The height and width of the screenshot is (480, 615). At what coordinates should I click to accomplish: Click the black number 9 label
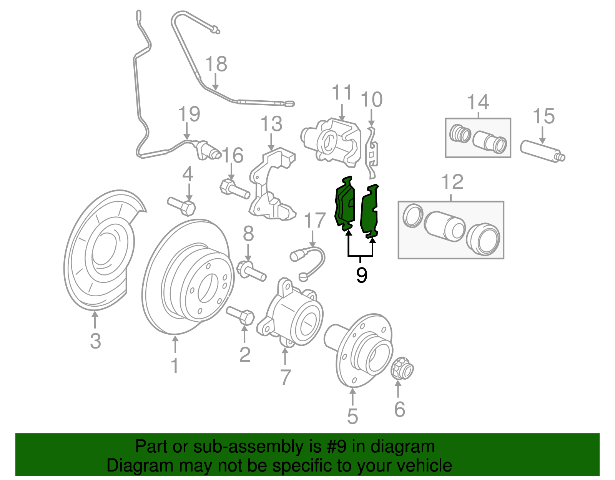361,275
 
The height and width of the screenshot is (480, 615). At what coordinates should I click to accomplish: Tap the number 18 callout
216,64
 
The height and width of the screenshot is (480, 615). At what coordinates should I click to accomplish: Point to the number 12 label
452,182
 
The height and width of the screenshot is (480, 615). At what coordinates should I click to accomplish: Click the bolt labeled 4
182,206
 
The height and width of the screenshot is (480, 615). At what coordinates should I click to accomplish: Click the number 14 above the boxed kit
478,102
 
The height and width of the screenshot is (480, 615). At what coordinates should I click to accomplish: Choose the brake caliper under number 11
331,142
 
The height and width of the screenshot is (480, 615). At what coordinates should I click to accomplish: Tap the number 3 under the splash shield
95,340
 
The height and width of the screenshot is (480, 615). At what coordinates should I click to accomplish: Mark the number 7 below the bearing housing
285,377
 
